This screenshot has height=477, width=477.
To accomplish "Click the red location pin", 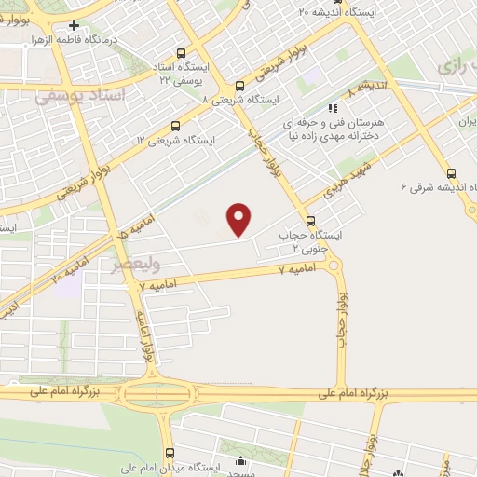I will pyautogui.click(x=239, y=219).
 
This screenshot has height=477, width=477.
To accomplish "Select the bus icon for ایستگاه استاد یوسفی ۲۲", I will pyautogui.click(x=180, y=53).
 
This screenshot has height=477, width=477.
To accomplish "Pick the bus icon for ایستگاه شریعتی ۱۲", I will pyautogui.click(x=174, y=126).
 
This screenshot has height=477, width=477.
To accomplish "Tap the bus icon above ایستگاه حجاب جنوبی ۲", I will pyautogui.click(x=310, y=221).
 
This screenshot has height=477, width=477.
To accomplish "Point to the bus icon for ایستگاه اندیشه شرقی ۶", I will pyautogui.click(x=452, y=173).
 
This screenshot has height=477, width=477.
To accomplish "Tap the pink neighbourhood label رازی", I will pyautogui.click(x=456, y=65).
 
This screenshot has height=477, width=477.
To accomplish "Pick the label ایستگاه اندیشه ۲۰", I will pyautogui.click(x=340, y=11).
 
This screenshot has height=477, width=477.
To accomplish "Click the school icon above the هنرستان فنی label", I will pyautogui.click(x=333, y=108).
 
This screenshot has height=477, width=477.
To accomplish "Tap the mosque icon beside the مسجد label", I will pyautogui.click(x=241, y=459).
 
